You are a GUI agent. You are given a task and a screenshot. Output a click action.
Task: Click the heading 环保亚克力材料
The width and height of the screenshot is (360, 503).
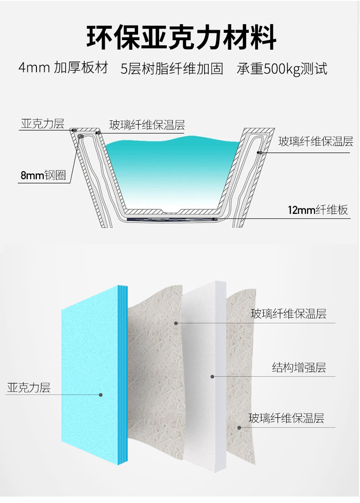pos(181,37)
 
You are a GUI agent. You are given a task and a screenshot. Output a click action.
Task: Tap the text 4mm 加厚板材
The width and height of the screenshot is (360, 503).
pos(63,67)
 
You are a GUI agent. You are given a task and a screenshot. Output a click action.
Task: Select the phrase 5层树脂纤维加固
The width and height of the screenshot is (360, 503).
pos(172,69)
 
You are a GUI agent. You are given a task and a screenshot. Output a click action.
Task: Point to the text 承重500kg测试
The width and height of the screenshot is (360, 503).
pos(282,69)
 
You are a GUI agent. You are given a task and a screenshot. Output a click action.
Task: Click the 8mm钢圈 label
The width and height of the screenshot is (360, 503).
pos(43,175)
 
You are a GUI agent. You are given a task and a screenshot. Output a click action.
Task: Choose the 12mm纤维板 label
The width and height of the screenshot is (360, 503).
pos(318,210)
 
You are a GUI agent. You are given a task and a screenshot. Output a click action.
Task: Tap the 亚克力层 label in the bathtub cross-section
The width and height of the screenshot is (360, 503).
pos(43,124)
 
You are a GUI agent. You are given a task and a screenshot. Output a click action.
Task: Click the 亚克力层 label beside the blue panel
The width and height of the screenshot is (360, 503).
pos(29,388)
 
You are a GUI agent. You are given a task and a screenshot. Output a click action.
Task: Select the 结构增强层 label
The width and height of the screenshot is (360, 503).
pos(299,367)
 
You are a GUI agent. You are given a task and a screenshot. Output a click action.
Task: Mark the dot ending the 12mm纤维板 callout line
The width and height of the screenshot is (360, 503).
pos(216,219)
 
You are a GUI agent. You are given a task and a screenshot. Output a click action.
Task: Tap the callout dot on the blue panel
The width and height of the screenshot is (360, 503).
pos(101,395)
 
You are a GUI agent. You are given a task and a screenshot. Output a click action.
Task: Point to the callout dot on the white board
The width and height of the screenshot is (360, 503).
pos(212,377)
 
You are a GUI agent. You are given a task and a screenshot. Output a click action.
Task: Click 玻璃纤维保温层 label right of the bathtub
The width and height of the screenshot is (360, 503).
pos(315,141)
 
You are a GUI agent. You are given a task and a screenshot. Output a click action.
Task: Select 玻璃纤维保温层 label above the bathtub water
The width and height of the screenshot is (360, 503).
pos(147,125)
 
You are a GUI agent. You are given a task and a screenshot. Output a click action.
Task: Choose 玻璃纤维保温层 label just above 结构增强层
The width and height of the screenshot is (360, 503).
pos(288,313)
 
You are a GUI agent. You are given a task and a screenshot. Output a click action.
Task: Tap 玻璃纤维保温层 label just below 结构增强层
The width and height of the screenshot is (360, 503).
pos(286,418)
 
